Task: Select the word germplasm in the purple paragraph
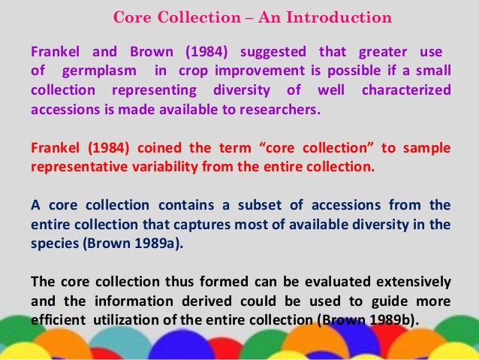tap(101, 71)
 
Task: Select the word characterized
tap(407, 90)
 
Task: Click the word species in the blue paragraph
tap(51, 244)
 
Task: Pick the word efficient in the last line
tap(56, 320)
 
